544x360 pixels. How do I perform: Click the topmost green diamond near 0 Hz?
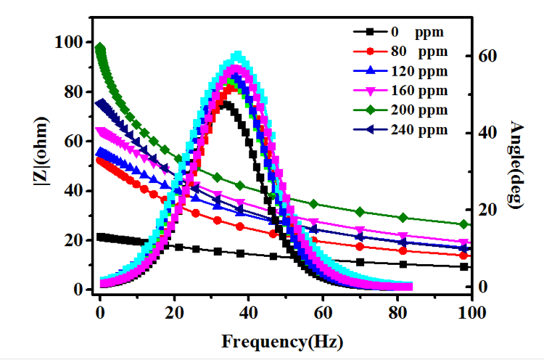click(x=101, y=49)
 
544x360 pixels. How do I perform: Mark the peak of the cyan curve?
click(x=237, y=55)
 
